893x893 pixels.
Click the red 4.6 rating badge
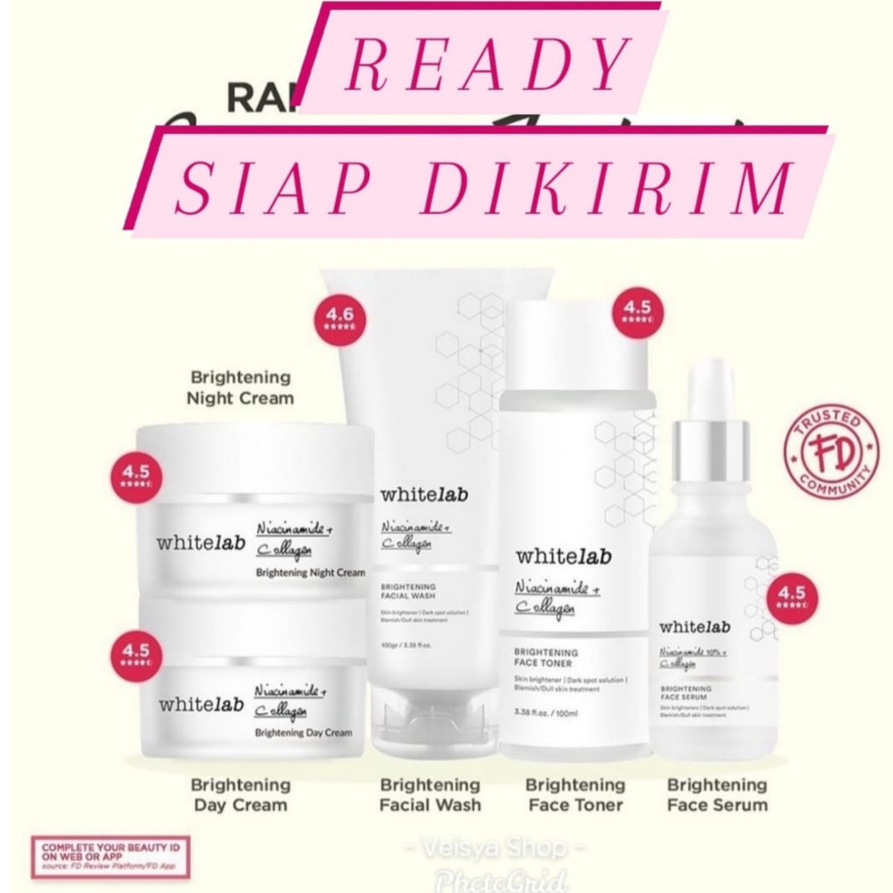tap(340, 320)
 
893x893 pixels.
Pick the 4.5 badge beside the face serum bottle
tap(793, 597)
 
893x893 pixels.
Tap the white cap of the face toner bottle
tap(579, 345)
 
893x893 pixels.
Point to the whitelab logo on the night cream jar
tap(195, 541)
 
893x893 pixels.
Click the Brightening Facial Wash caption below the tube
tap(430, 794)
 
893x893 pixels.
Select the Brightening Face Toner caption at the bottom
tap(576, 794)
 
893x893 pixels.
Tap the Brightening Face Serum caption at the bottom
tap(717, 794)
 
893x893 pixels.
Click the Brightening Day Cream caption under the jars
tap(241, 794)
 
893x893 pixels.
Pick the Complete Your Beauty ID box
tap(110, 856)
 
